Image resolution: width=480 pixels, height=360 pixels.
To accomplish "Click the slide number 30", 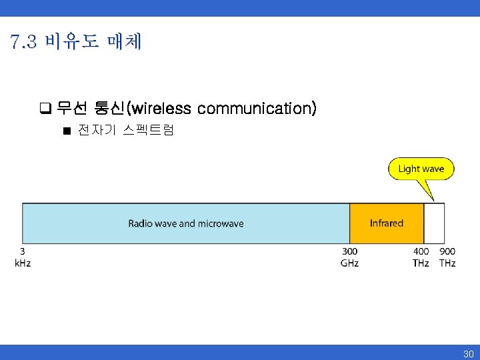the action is [468, 354].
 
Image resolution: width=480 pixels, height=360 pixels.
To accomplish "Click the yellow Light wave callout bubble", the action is [421, 169].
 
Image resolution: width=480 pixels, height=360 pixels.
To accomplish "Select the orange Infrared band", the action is [387, 223].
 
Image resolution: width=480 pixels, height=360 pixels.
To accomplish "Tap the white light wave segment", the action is [434, 223].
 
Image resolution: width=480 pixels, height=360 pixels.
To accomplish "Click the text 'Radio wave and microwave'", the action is [186, 223].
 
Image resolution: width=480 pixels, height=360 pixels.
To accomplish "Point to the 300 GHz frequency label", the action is [349, 257].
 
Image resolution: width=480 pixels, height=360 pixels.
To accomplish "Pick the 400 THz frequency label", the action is [421, 257].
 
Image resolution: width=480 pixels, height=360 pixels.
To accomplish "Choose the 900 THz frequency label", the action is [447, 257].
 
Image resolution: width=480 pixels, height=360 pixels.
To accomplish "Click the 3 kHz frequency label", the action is [23, 257].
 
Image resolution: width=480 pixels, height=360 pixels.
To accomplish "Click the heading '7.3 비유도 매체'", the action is [76, 43].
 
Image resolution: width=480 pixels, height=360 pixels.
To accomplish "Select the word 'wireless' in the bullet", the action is [163, 108].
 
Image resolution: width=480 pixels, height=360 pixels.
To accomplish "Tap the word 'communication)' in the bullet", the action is [257, 108].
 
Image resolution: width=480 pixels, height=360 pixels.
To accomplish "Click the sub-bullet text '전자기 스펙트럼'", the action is [125, 131].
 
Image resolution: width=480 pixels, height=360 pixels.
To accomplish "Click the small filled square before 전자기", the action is [67, 131].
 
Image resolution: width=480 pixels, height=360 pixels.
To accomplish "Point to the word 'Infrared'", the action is [387, 223].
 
